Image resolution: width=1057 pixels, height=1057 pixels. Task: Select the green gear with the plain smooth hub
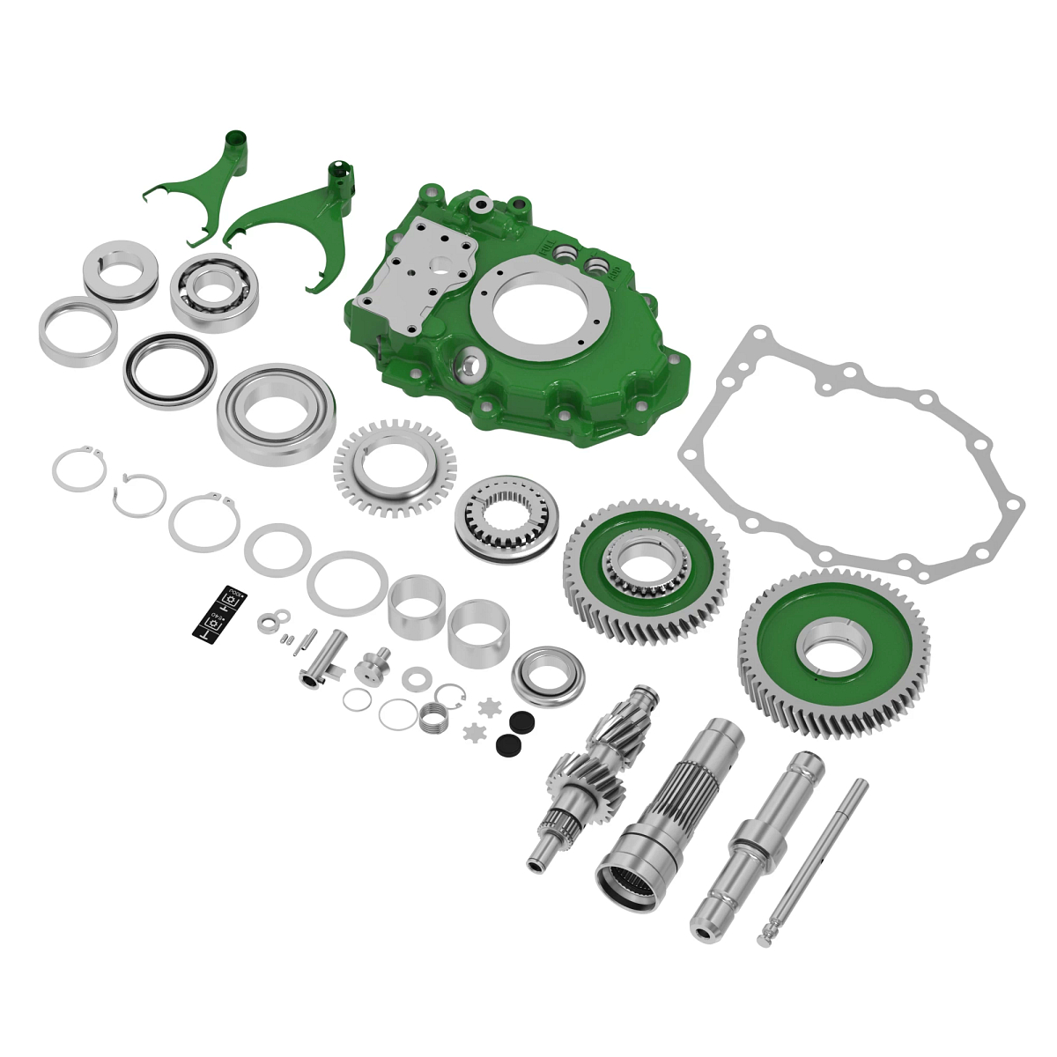pyautogui.click(x=833, y=652)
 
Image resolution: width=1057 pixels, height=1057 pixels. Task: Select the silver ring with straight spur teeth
pyautogui.click(x=395, y=466)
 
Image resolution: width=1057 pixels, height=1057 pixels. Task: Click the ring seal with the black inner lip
pyautogui.click(x=169, y=369)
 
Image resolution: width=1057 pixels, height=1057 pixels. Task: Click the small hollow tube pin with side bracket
pyautogui.click(x=322, y=657)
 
